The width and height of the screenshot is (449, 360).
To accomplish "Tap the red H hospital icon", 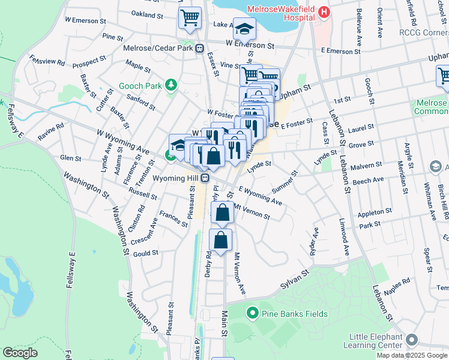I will click(324, 11).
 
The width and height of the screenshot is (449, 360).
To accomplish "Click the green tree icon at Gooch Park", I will click(172, 85).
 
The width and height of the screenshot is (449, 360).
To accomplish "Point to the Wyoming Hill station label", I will click(175, 178).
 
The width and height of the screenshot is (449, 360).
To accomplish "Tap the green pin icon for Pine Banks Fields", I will click(252, 313).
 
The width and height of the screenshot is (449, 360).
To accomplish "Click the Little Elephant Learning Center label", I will click(372, 341).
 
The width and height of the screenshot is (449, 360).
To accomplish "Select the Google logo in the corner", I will click(20, 353).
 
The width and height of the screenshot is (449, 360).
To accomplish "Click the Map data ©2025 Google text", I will click(411, 355).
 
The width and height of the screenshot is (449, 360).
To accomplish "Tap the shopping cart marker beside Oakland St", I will click(190, 18).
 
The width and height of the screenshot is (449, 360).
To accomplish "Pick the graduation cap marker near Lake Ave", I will click(244, 28).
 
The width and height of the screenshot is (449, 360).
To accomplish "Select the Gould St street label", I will click(146, 253).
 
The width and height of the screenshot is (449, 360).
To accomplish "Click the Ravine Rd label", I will click(52, 133).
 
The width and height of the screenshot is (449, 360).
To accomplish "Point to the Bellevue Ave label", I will click(359, 20).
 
